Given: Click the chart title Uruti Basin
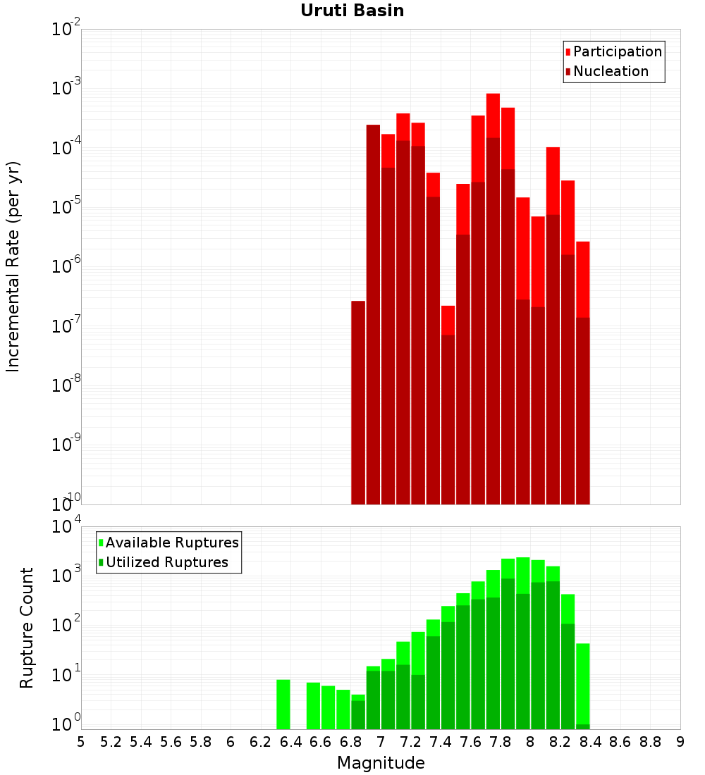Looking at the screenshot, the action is coord(352,11).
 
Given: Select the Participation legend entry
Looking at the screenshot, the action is coord(613,51).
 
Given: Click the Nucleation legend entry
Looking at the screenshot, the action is coord(607,71).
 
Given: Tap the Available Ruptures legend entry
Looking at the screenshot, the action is coord(168,542).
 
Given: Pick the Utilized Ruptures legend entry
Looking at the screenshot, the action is coord(164,562).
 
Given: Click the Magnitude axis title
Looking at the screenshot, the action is coord(381,762).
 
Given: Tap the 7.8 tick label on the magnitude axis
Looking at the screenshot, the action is coord(500,742).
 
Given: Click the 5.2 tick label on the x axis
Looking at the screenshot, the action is coord(111,742).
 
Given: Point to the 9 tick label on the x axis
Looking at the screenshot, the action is coord(680,742).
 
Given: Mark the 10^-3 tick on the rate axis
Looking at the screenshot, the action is coord(66,87).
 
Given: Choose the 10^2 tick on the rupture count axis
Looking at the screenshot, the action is coord(66,624).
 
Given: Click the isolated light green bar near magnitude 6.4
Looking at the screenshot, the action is coord(283,705).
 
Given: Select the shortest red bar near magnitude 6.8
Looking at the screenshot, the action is coord(358,402).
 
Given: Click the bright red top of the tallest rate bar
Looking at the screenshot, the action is coord(493,116).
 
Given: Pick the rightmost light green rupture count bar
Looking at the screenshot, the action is coord(583,683).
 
